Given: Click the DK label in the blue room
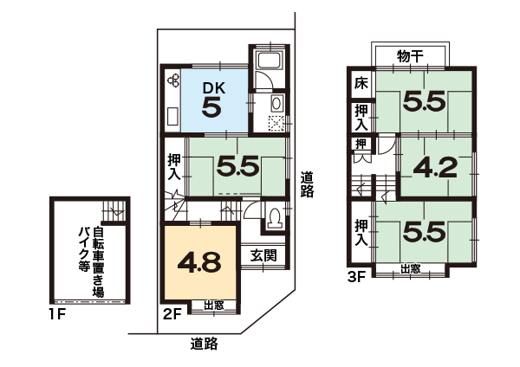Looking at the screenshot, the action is click(x=214, y=88).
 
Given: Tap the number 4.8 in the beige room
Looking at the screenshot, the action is click(x=199, y=262).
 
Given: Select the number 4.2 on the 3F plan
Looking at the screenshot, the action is click(x=435, y=168).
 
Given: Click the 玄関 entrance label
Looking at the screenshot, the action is click(x=263, y=255).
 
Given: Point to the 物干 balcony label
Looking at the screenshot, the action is click(x=410, y=56).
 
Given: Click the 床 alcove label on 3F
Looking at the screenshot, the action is click(x=361, y=83).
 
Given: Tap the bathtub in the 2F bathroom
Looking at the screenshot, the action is click(x=270, y=61).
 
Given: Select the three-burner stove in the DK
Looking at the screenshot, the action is click(x=173, y=80).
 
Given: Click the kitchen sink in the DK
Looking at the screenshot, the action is click(x=173, y=116).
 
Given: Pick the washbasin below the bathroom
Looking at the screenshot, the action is click(x=276, y=104).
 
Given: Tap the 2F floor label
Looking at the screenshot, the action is click(x=172, y=314).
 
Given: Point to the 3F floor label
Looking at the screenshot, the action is click(x=356, y=277).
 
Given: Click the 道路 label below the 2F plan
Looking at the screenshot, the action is click(x=204, y=344).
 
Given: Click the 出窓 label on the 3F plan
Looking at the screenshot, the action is click(x=410, y=269).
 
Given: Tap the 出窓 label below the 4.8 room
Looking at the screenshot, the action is click(x=214, y=305).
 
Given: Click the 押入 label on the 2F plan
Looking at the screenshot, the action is click(x=174, y=167).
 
